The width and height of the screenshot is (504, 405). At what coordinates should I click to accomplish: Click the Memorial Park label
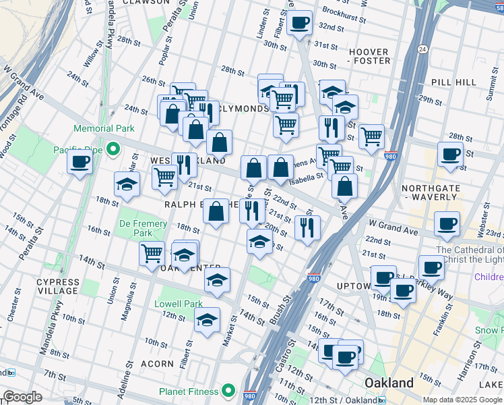(x=104, y=128)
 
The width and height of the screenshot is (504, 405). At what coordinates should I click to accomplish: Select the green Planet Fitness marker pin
(x=229, y=391)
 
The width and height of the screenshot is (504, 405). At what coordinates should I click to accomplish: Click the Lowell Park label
(x=179, y=304)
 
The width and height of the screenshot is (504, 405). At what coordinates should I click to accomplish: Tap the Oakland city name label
(x=389, y=383)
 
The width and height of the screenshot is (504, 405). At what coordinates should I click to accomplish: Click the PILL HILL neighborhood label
(x=452, y=82)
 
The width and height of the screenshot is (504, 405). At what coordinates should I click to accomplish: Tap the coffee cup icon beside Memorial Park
(x=80, y=162)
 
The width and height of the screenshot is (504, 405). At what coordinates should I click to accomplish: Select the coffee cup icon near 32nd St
(x=299, y=22)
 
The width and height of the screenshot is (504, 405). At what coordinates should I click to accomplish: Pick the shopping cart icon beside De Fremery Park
(x=152, y=254)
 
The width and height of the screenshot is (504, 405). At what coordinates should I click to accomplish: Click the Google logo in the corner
(x=22, y=397)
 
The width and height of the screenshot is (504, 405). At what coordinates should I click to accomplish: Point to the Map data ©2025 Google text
(x=463, y=400)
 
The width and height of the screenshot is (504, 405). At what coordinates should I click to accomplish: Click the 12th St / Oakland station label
(x=340, y=400)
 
